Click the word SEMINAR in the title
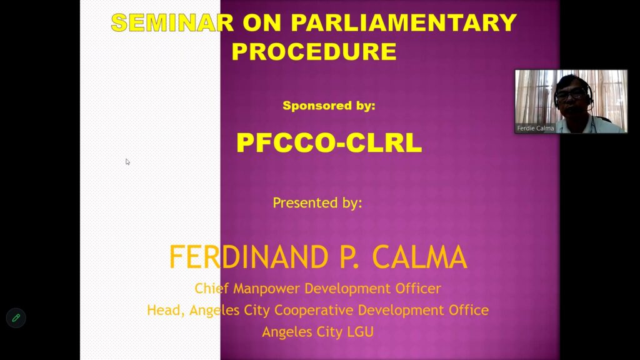(x=172, y=22)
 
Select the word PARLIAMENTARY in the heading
(x=404, y=22)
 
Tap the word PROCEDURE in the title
(x=314, y=51)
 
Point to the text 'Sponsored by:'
(x=329, y=106)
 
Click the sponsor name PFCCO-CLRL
(x=329, y=143)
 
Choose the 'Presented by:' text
(x=317, y=203)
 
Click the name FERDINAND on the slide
(x=249, y=257)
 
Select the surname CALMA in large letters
(x=419, y=257)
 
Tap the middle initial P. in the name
(x=349, y=257)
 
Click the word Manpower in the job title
(x=267, y=289)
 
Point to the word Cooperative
(x=314, y=310)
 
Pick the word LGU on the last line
(x=360, y=332)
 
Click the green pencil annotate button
(x=16, y=318)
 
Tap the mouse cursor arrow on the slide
(x=127, y=162)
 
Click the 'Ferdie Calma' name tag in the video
(x=536, y=128)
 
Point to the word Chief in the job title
(x=211, y=289)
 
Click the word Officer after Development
(x=418, y=289)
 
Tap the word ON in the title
(x=262, y=22)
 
